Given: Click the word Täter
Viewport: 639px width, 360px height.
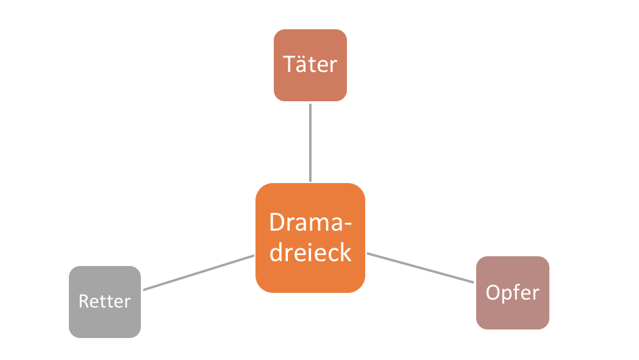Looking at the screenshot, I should (310, 64).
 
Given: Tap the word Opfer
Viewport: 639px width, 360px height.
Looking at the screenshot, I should (512, 293).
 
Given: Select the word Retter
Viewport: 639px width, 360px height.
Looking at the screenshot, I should (105, 301).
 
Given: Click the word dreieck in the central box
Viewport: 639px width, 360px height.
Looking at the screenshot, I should (310, 252).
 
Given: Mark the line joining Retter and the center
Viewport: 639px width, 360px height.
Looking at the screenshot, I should (198, 272).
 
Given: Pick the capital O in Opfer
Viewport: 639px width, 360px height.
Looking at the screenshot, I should (493, 293).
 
